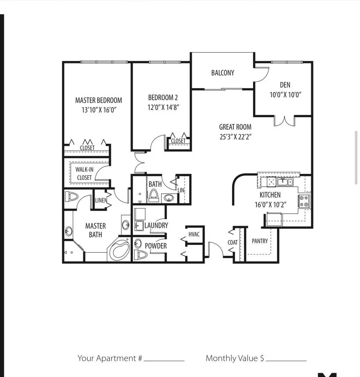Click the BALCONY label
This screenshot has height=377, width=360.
(x=223, y=73)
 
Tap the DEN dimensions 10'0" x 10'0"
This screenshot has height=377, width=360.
(x=285, y=94)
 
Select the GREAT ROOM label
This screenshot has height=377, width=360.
(x=235, y=127)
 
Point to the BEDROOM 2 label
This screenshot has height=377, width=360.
(x=163, y=97)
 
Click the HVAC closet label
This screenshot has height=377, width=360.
(x=194, y=234)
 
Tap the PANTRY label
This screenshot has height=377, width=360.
(x=260, y=241)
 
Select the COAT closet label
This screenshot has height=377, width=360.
(x=233, y=242)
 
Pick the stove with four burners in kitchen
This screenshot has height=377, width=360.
(x=304, y=201)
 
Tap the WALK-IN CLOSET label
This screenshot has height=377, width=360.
(x=84, y=173)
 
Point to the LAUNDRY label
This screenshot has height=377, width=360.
(x=156, y=226)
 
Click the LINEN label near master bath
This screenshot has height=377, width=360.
(x=101, y=200)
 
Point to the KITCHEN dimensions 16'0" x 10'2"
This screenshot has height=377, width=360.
(x=270, y=205)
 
